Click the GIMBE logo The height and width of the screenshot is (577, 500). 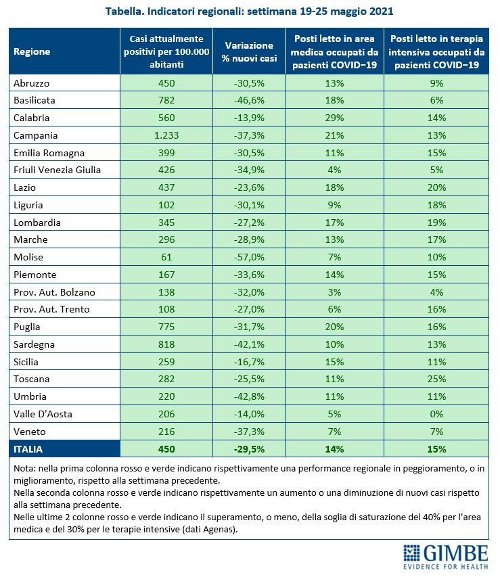pos(446,557)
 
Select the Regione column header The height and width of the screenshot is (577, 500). pos(32,51)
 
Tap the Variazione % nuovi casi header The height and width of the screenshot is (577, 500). pos(249,52)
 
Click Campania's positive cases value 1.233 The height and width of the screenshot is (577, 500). pos(166,135)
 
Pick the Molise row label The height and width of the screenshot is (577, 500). pos(28,257)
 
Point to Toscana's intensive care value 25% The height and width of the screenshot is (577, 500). pos(436,379)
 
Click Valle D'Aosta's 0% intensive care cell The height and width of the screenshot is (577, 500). pos(436,414)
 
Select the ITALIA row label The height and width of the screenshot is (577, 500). pos(28,449)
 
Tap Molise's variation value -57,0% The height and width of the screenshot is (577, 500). pos(249,257)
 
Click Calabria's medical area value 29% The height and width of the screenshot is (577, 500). pos(334,118)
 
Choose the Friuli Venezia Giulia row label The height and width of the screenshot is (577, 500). pos(57,170)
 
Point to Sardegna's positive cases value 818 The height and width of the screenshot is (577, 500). pos(166,344)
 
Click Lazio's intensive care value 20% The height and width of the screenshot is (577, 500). pos(436,187)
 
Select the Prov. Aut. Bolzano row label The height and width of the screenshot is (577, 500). pos(54,292)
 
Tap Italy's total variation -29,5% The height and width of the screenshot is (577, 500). pos(249,449)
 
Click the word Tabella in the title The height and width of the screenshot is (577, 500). pos(124,11)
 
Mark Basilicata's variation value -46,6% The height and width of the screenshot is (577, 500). pos(249,101)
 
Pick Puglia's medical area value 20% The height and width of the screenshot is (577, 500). pos(334,327)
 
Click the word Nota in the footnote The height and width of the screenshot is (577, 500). pos(24,469)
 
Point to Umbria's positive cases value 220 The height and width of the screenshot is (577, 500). pos(166,396)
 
